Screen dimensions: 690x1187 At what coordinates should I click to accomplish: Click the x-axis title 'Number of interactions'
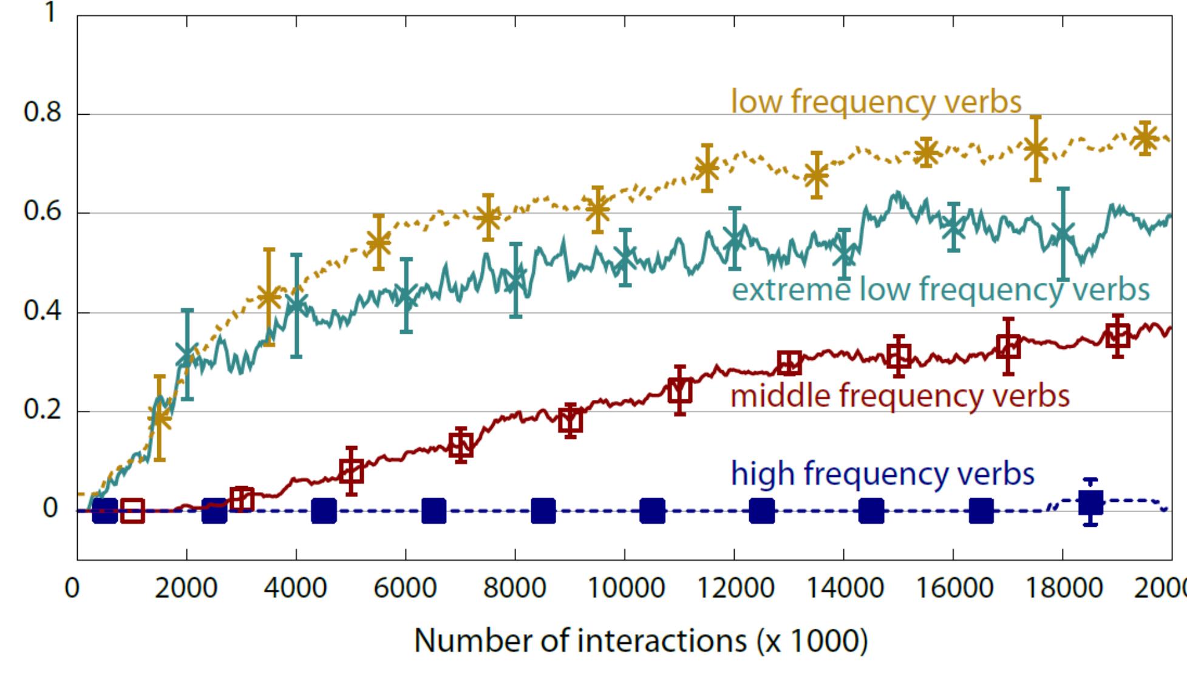(641, 641)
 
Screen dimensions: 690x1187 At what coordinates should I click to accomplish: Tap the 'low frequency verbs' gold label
(876, 101)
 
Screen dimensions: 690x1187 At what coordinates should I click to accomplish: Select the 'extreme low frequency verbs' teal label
(940, 289)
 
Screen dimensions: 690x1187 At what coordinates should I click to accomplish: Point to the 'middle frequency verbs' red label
(900, 396)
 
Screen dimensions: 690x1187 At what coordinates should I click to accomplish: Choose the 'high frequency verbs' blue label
(882, 473)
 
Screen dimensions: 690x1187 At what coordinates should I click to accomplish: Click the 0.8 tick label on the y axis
(43, 113)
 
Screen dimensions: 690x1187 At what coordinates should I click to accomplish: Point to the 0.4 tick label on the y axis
(43, 311)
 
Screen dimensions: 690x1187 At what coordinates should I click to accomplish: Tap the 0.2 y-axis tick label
(43, 410)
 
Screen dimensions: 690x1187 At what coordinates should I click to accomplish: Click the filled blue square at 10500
(652, 511)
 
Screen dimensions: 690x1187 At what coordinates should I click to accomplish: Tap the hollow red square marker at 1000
(132, 511)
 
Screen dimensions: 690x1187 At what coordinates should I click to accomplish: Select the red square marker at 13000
(789, 363)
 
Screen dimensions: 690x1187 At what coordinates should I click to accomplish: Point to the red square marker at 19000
(1117, 336)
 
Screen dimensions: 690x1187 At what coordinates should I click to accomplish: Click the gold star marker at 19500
(1144, 138)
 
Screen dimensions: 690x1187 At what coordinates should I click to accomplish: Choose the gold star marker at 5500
(378, 243)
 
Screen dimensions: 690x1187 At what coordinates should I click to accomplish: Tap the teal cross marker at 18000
(1063, 234)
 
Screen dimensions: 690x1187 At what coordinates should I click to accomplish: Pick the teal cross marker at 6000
(406, 296)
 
